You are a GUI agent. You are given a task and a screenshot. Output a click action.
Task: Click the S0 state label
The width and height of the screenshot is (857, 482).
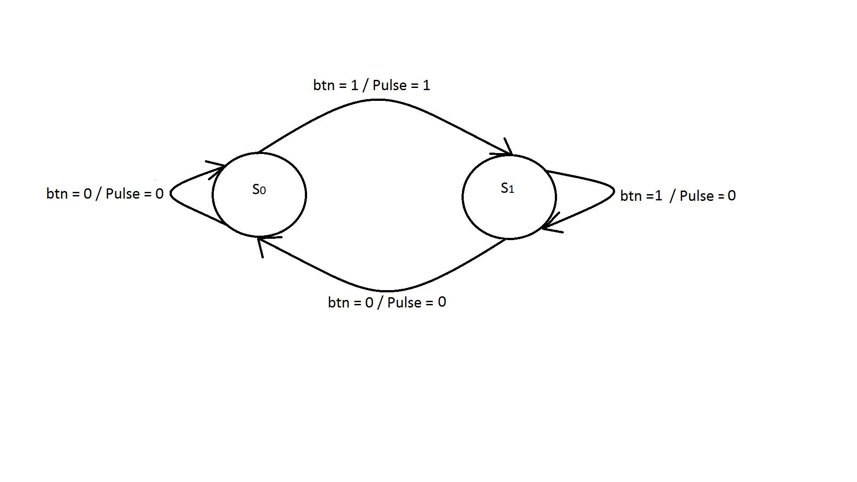pyautogui.click(x=259, y=189)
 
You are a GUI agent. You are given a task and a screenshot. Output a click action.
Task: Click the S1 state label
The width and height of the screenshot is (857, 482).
pyautogui.click(x=508, y=188)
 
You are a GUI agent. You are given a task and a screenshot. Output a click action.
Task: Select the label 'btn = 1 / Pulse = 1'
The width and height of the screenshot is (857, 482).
pyautogui.click(x=371, y=85)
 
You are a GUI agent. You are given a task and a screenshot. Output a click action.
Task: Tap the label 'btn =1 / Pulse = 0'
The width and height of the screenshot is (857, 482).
pyautogui.click(x=678, y=195)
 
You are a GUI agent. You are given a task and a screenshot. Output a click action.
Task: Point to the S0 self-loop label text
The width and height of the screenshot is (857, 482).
pyautogui.click(x=105, y=193)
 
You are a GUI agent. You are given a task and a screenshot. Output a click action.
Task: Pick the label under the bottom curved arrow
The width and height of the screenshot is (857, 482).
pyautogui.click(x=387, y=302)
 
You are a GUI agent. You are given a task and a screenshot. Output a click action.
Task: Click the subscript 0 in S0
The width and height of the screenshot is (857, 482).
pyautogui.click(x=263, y=191)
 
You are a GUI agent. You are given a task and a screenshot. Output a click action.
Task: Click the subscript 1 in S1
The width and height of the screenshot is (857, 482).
pyautogui.click(x=512, y=190)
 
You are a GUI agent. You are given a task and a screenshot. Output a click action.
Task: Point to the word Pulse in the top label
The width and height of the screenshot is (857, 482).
pyautogui.click(x=390, y=85)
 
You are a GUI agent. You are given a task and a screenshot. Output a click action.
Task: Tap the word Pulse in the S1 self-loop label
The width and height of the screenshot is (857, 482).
pyautogui.click(x=697, y=195)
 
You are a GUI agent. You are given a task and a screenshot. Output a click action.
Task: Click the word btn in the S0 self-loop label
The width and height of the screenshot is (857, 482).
pyautogui.click(x=56, y=193)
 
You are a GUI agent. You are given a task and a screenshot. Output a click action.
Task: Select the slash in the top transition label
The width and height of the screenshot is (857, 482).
pyautogui.click(x=365, y=85)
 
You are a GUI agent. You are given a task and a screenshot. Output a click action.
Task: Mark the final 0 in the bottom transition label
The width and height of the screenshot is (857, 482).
pyautogui.click(x=442, y=302)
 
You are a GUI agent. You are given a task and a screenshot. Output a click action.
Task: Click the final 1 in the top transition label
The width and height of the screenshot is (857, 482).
pyautogui.click(x=426, y=85)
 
